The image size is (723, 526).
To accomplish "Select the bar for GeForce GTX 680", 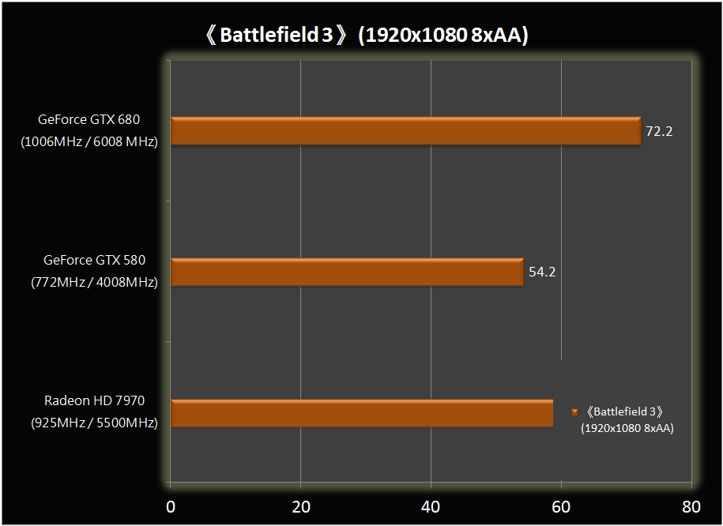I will click(x=405, y=131).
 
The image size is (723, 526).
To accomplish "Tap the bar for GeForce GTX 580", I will click(x=347, y=272).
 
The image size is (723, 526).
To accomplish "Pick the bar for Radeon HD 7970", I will click(x=361, y=413).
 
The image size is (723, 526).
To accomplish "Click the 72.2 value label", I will click(x=659, y=131).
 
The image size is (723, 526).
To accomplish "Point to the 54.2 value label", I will click(x=542, y=272).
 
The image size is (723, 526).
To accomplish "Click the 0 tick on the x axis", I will click(x=171, y=506).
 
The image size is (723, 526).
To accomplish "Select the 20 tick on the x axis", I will click(x=300, y=506).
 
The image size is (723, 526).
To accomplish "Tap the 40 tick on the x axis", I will click(x=431, y=506).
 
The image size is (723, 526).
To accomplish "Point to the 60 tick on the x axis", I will click(x=561, y=506).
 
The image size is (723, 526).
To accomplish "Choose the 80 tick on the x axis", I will click(x=691, y=506).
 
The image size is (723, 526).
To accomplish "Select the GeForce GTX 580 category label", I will click(x=94, y=260).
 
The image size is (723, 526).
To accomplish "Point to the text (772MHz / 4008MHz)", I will click(x=94, y=282).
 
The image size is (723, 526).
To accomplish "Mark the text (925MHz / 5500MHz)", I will click(x=94, y=423).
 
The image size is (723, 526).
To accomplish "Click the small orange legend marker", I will click(x=574, y=412).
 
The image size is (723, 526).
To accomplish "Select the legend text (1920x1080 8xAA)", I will click(x=627, y=428).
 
